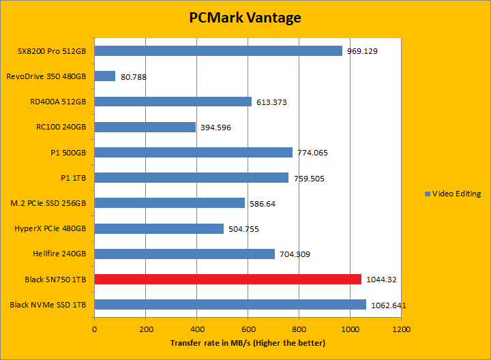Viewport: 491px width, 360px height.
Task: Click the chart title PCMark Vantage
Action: [x=245, y=18]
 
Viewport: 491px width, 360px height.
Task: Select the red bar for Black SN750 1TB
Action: [x=228, y=279]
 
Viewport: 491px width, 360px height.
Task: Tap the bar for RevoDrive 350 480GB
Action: [x=105, y=76]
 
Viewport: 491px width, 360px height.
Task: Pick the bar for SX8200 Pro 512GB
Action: [x=218, y=51]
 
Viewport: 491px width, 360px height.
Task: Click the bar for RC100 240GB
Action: [x=145, y=127]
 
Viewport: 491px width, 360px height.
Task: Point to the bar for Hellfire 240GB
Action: [x=185, y=254]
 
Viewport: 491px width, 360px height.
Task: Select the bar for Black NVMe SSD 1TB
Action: [x=230, y=304]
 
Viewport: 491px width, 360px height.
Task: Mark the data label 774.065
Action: [x=312, y=153]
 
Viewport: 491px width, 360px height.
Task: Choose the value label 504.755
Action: [x=243, y=229]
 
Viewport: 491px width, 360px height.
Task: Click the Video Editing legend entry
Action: [x=453, y=194]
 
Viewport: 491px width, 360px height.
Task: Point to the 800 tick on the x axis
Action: [x=299, y=328]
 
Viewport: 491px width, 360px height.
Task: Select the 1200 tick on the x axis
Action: [x=401, y=328]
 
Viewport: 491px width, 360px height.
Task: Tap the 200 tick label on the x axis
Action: [x=145, y=328]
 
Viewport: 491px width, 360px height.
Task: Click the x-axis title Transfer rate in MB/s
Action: [x=248, y=342]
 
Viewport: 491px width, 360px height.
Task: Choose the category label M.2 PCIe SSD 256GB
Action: [x=53, y=203]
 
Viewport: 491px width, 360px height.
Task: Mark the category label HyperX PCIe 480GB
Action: [x=56, y=228]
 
